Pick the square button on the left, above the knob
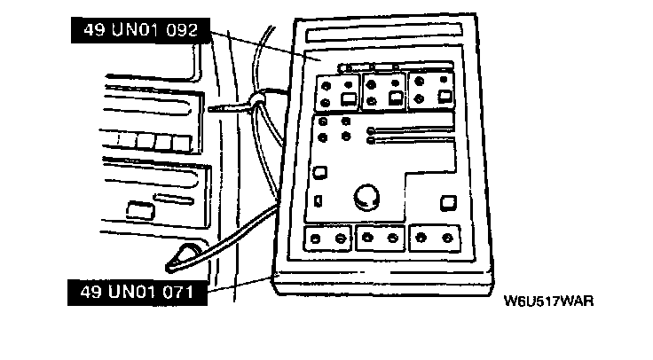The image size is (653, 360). (x=322, y=173)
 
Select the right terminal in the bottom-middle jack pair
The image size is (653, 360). (x=392, y=239)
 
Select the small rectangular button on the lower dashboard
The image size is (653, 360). (x=139, y=210)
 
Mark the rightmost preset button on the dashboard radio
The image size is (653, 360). (x=180, y=143)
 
